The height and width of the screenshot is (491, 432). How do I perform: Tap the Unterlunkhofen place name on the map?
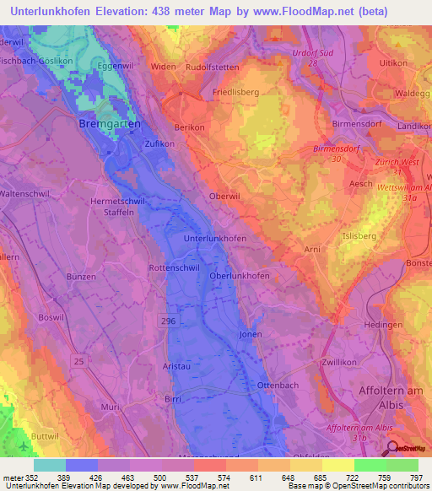tap(215, 239)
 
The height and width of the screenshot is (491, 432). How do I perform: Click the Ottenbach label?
tap(278, 384)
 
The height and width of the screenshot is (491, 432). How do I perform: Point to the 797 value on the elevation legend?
tap(417, 477)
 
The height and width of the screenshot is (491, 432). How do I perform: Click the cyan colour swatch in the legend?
tap(49, 465)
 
